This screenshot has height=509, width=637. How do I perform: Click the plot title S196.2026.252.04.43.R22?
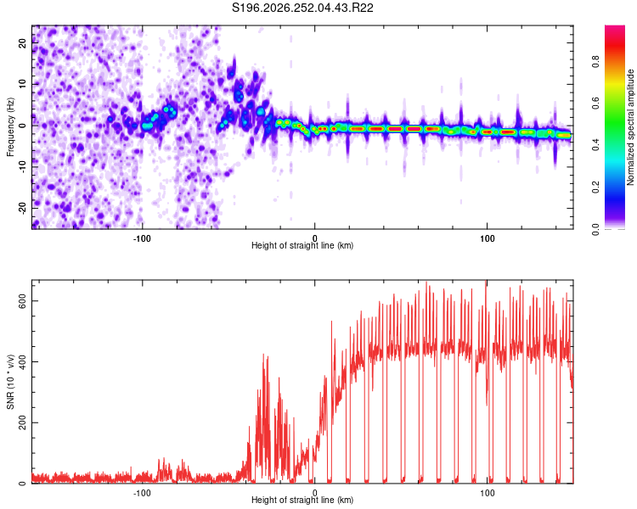pyautogui.click(x=302, y=8)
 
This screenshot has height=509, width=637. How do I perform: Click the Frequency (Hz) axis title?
pyautogui.click(x=10, y=127)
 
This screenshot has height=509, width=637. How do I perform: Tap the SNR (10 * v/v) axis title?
pyautogui.click(x=10, y=382)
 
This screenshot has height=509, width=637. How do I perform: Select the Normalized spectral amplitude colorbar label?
pyautogui.click(x=630, y=127)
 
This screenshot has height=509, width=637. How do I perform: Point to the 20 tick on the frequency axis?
pyautogui.click(x=23, y=43)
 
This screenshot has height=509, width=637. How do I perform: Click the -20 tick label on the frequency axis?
pyautogui.click(x=23, y=208)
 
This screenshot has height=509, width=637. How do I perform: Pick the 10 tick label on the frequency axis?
pyautogui.click(x=23, y=84)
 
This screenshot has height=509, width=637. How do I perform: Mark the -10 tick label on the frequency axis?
pyautogui.click(x=23, y=167)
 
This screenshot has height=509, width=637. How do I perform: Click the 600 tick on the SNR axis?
pyautogui.click(x=23, y=301)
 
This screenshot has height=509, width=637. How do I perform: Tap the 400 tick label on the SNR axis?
pyautogui.click(x=23, y=361)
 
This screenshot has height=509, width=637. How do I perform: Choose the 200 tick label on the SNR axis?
pyautogui.click(x=23, y=422)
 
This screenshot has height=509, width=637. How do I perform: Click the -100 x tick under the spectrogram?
pyautogui.click(x=142, y=238)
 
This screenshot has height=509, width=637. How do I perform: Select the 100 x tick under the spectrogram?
pyautogui.click(x=488, y=238)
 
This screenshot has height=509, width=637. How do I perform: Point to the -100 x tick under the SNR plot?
pyautogui.click(x=142, y=493)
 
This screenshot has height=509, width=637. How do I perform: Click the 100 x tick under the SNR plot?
pyautogui.click(x=488, y=493)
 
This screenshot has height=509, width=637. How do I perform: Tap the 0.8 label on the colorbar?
pyautogui.click(x=595, y=62)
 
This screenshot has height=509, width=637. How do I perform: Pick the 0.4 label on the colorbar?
pyautogui.click(x=595, y=145)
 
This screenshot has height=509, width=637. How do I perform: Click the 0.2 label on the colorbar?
pyautogui.click(x=595, y=187)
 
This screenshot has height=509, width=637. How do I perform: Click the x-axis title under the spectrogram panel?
pyautogui.click(x=302, y=245)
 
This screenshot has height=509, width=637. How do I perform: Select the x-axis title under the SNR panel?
pyautogui.click(x=302, y=500)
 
